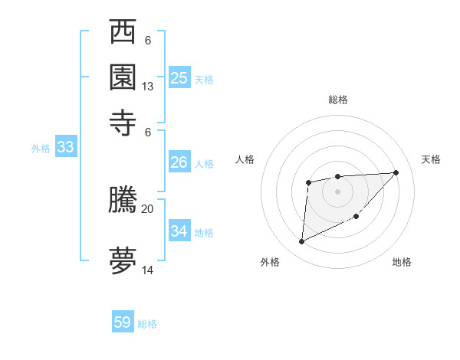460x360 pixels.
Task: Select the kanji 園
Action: click(123, 77)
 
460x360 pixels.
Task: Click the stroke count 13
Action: click(148, 87)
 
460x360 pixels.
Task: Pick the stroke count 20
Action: click(148, 208)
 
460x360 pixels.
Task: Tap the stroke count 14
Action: click(148, 270)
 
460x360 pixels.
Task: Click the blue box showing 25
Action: click(179, 77)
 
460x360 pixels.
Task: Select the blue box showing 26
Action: click(179, 162)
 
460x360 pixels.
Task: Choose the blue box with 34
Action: click(179, 231)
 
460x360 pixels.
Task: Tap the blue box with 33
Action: click(64, 147)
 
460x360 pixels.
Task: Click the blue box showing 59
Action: click(123, 322)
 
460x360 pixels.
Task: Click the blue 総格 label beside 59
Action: click(148, 324)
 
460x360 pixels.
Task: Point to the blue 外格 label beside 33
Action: click(40, 149)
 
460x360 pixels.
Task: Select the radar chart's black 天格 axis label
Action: click(431, 159)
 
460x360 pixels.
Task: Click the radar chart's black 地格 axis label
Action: click(402, 262)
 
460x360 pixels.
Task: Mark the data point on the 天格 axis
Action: click(396, 172)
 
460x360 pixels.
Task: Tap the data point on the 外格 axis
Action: click(301, 242)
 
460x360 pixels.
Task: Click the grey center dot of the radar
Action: click(337, 190)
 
